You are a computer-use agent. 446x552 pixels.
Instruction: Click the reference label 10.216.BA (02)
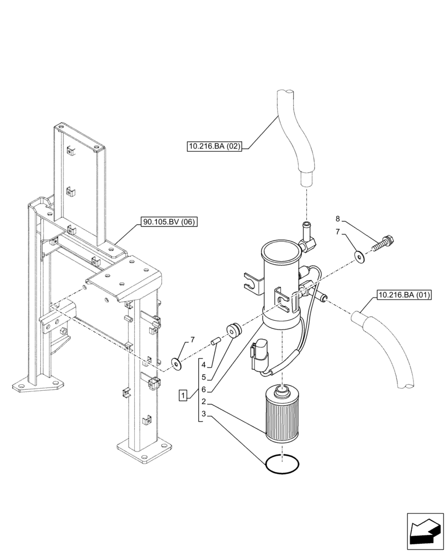click(215, 146)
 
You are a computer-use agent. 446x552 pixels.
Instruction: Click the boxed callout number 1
click(183, 395)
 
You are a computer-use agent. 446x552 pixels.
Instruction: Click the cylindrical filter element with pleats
click(282, 415)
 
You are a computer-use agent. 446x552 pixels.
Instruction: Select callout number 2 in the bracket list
click(204, 401)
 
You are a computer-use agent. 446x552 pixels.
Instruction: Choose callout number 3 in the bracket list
click(204, 413)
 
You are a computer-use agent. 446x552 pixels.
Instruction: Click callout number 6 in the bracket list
click(204, 389)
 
